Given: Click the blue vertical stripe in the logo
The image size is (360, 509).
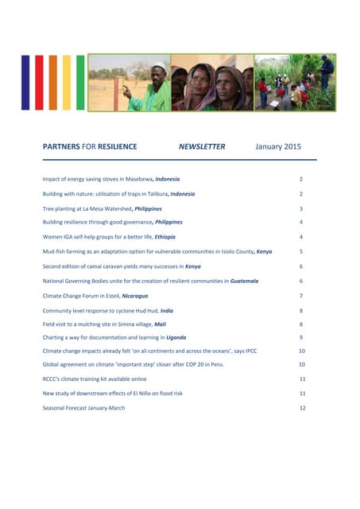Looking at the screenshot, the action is pos(26,82).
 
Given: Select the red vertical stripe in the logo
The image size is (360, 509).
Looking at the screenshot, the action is pos(40,82).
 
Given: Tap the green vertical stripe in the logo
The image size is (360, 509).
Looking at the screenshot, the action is pos(79,82).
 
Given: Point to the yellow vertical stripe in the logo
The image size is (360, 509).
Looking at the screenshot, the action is pos(66,82).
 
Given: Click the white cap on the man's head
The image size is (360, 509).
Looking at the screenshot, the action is pos(160,65).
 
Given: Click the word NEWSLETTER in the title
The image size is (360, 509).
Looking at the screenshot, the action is pos(202,146).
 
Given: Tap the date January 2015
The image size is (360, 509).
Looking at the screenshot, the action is pos(278,146).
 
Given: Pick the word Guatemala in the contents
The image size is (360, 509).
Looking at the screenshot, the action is pos(240,281).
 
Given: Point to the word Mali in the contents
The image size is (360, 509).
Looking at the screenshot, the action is pos(160,324).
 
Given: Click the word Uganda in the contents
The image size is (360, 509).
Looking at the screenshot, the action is pos(176,338).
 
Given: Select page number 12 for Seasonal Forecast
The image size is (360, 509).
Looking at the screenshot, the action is pos(302,406).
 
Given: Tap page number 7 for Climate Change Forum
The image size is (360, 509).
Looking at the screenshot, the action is pos(301,295).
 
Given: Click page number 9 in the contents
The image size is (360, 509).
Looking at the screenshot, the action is pos(301,338).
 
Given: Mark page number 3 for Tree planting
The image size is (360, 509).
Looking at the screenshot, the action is pos(301,208).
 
